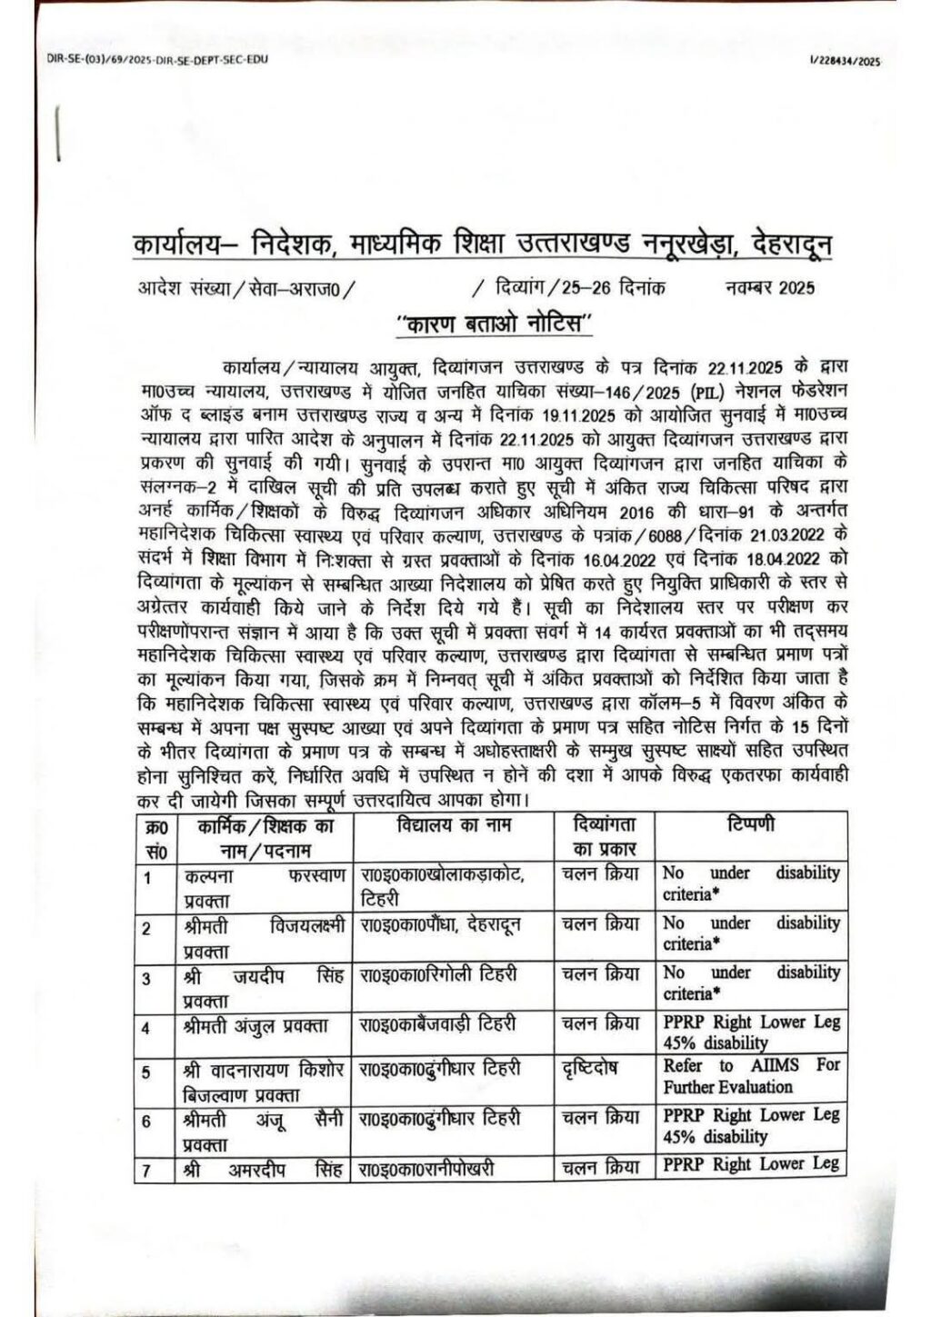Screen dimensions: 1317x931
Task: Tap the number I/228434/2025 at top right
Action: [844, 61]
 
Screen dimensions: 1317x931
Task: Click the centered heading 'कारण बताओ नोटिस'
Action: [495, 324]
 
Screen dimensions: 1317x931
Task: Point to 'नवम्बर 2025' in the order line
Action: [770, 289]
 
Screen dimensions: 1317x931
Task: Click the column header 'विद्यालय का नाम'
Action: [455, 826]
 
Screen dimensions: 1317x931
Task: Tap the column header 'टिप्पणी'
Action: [750, 826]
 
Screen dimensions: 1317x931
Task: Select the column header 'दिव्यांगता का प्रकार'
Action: [605, 837]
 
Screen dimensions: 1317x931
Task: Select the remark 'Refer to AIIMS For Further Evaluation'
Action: [751, 1075]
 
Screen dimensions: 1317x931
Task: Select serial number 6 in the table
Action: [146, 1122]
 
